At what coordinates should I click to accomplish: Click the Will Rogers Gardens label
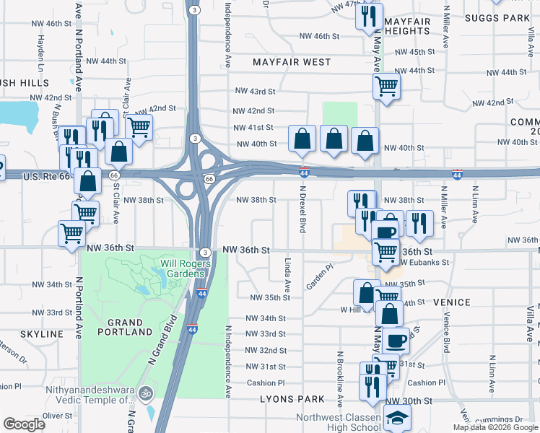186,268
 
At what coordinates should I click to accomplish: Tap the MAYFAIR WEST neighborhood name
292,63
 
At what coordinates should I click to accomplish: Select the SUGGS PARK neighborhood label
497,17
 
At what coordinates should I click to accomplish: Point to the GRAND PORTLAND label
124,327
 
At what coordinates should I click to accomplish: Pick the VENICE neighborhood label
452,302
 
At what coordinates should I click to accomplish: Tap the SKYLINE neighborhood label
42,334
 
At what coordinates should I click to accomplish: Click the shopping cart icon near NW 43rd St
387,87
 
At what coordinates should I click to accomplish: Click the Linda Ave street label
287,275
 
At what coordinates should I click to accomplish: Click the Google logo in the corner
24,424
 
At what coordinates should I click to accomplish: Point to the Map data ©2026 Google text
495,427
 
